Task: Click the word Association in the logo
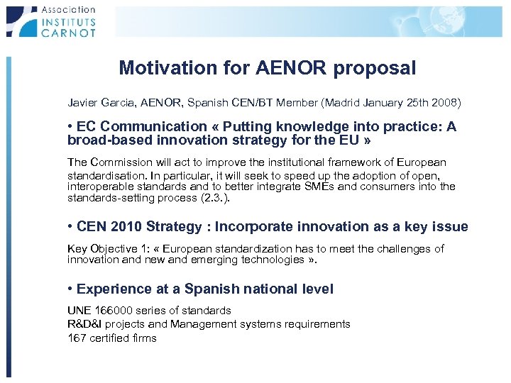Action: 68,9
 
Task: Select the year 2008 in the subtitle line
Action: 445,103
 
